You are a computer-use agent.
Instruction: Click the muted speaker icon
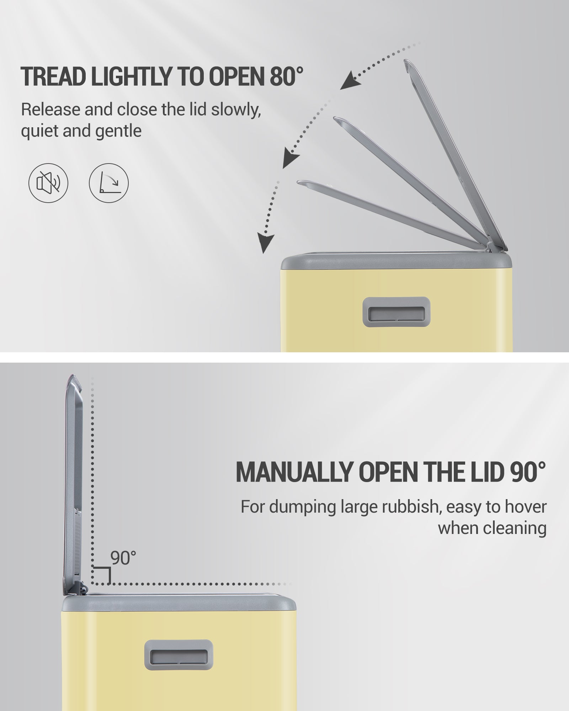[x=48, y=183]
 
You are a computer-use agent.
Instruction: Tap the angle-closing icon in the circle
[x=108, y=183]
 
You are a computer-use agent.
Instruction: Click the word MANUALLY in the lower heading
[x=294, y=472]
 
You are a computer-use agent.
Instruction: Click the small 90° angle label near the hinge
[x=123, y=558]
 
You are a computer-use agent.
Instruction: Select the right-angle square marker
[x=101, y=575]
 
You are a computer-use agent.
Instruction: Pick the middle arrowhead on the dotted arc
[x=291, y=159]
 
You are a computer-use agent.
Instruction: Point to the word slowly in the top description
[x=236, y=110]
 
